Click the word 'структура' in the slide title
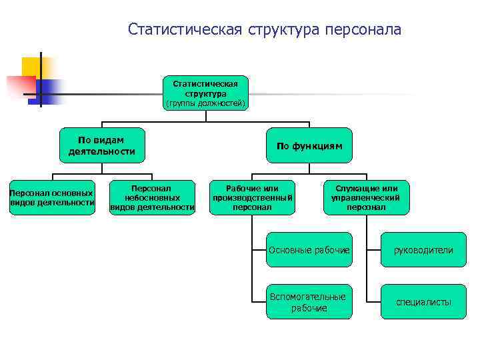pos(280,29)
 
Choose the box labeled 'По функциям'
pos(309,145)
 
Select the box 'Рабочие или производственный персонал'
pos(252,198)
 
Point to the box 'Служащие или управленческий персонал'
pos(366,198)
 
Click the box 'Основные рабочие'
pos(309,250)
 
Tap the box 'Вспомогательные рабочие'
pos(309,302)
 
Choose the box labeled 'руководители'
pos(423,250)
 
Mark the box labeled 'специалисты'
pos(423,302)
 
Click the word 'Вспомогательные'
pos(307,297)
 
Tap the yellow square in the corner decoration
pos(32,67)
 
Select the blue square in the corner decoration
pos(50,89)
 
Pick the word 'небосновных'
pos(152,198)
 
